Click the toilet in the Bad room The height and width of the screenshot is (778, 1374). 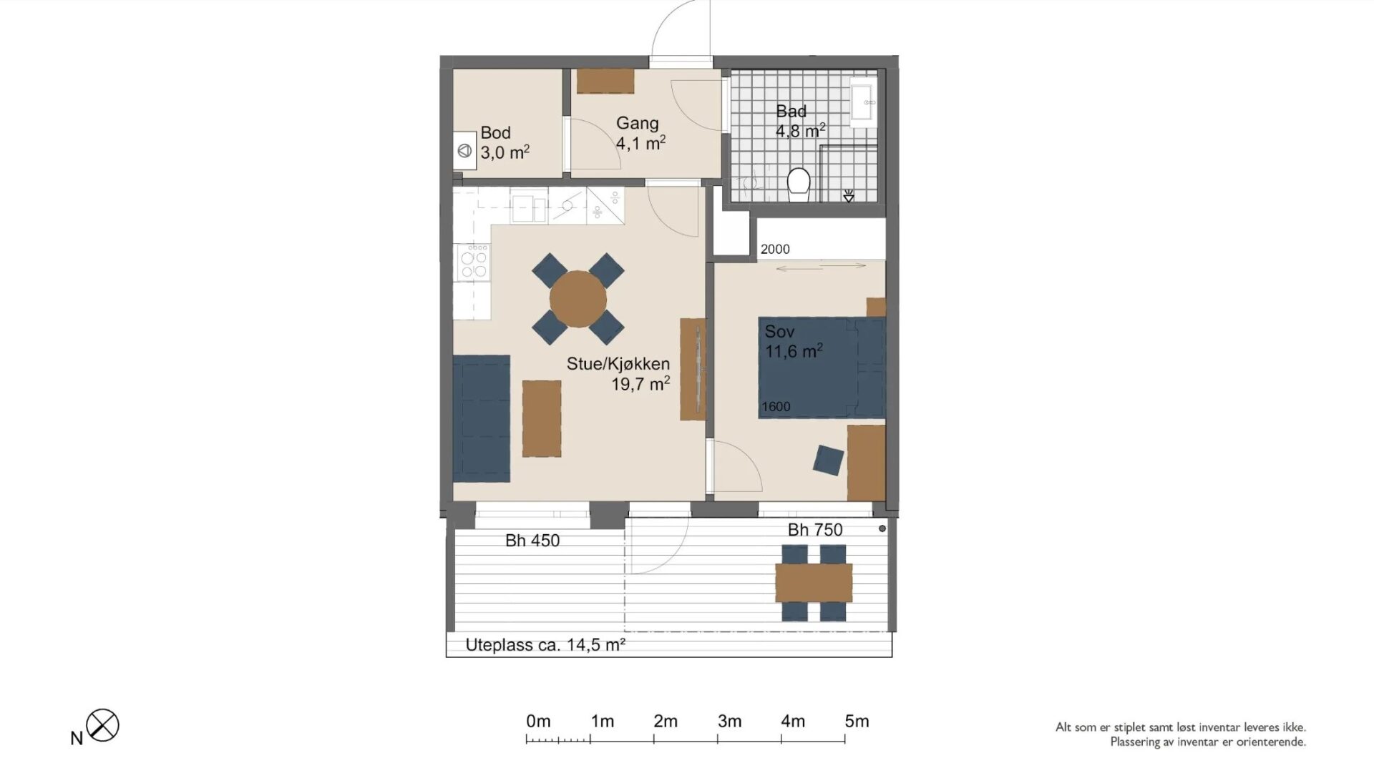pyautogui.click(x=799, y=185)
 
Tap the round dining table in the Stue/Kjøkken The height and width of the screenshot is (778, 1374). pyautogui.click(x=578, y=298)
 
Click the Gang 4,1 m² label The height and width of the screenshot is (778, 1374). pyautogui.click(x=641, y=134)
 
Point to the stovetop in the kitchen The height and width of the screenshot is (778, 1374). pyautogui.click(x=473, y=262)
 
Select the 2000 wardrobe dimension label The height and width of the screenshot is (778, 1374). pyautogui.click(x=775, y=250)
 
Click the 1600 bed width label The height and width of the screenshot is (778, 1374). pyautogui.click(x=776, y=407)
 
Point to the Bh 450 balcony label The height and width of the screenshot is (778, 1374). pyautogui.click(x=532, y=541)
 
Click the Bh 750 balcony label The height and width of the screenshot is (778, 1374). pyautogui.click(x=815, y=530)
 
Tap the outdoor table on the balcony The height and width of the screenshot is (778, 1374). pyautogui.click(x=814, y=583)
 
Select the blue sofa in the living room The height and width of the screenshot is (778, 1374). pyautogui.click(x=482, y=418)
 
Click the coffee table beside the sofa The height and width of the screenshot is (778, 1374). pyautogui.click(x=542, y=418)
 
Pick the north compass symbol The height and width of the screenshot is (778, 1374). pyautogui.click(x=103, y=725)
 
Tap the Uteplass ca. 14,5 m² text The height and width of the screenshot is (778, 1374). pyautogui.click(x=545, y=645)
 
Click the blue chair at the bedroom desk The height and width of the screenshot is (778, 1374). pyautogui.click(x=829, y=461)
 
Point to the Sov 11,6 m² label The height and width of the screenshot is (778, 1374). pyautogui.click(x=794, y=342)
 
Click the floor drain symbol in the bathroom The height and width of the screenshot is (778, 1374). pyautogui.click(x=849, y=196)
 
